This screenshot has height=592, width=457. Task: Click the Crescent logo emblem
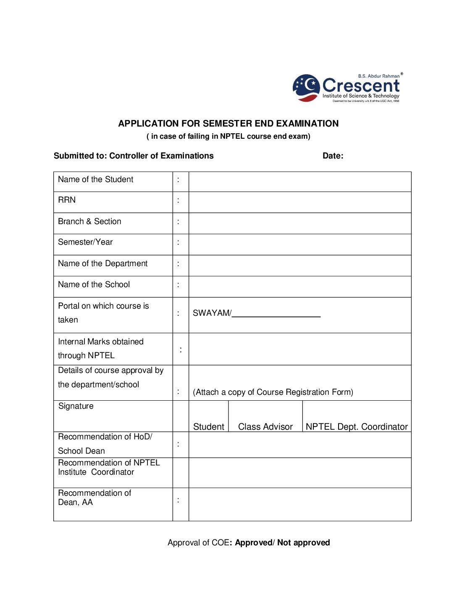click(x=306, y=88)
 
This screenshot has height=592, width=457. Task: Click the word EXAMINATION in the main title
click(x=307, y=124)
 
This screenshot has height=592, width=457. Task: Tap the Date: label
click(x=333, y=156)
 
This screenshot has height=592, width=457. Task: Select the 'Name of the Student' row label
click(x=95, y=180)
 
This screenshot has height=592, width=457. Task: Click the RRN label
click(x=67, y=200)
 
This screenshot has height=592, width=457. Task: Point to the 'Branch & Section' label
click(x=89, y=222)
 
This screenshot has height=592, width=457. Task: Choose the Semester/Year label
click(x=85, y=242)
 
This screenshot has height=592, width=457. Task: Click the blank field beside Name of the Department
click(x=299, y=265)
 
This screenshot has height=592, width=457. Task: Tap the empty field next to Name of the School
click(x=299, y=286)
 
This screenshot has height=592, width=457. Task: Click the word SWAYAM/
click(x=212, y=313)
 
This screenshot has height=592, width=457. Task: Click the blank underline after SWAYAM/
click(x=276, y=314)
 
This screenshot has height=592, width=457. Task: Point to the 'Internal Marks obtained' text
click(x=101, y=342)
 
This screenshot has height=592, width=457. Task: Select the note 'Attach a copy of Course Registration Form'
click(x=273, y=392)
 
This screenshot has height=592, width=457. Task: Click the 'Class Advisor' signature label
click(x=265, y=427)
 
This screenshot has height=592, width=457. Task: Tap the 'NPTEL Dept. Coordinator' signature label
click(x=357, y=427)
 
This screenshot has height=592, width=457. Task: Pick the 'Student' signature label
click(x=208, y=427)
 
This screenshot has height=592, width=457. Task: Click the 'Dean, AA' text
click(x=75, y=502)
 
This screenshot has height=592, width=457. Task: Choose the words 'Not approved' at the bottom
click(x=303, y=543)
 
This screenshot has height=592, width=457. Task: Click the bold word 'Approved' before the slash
click(x=254, y=543)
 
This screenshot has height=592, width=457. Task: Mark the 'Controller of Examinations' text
click(x=161, y=156)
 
